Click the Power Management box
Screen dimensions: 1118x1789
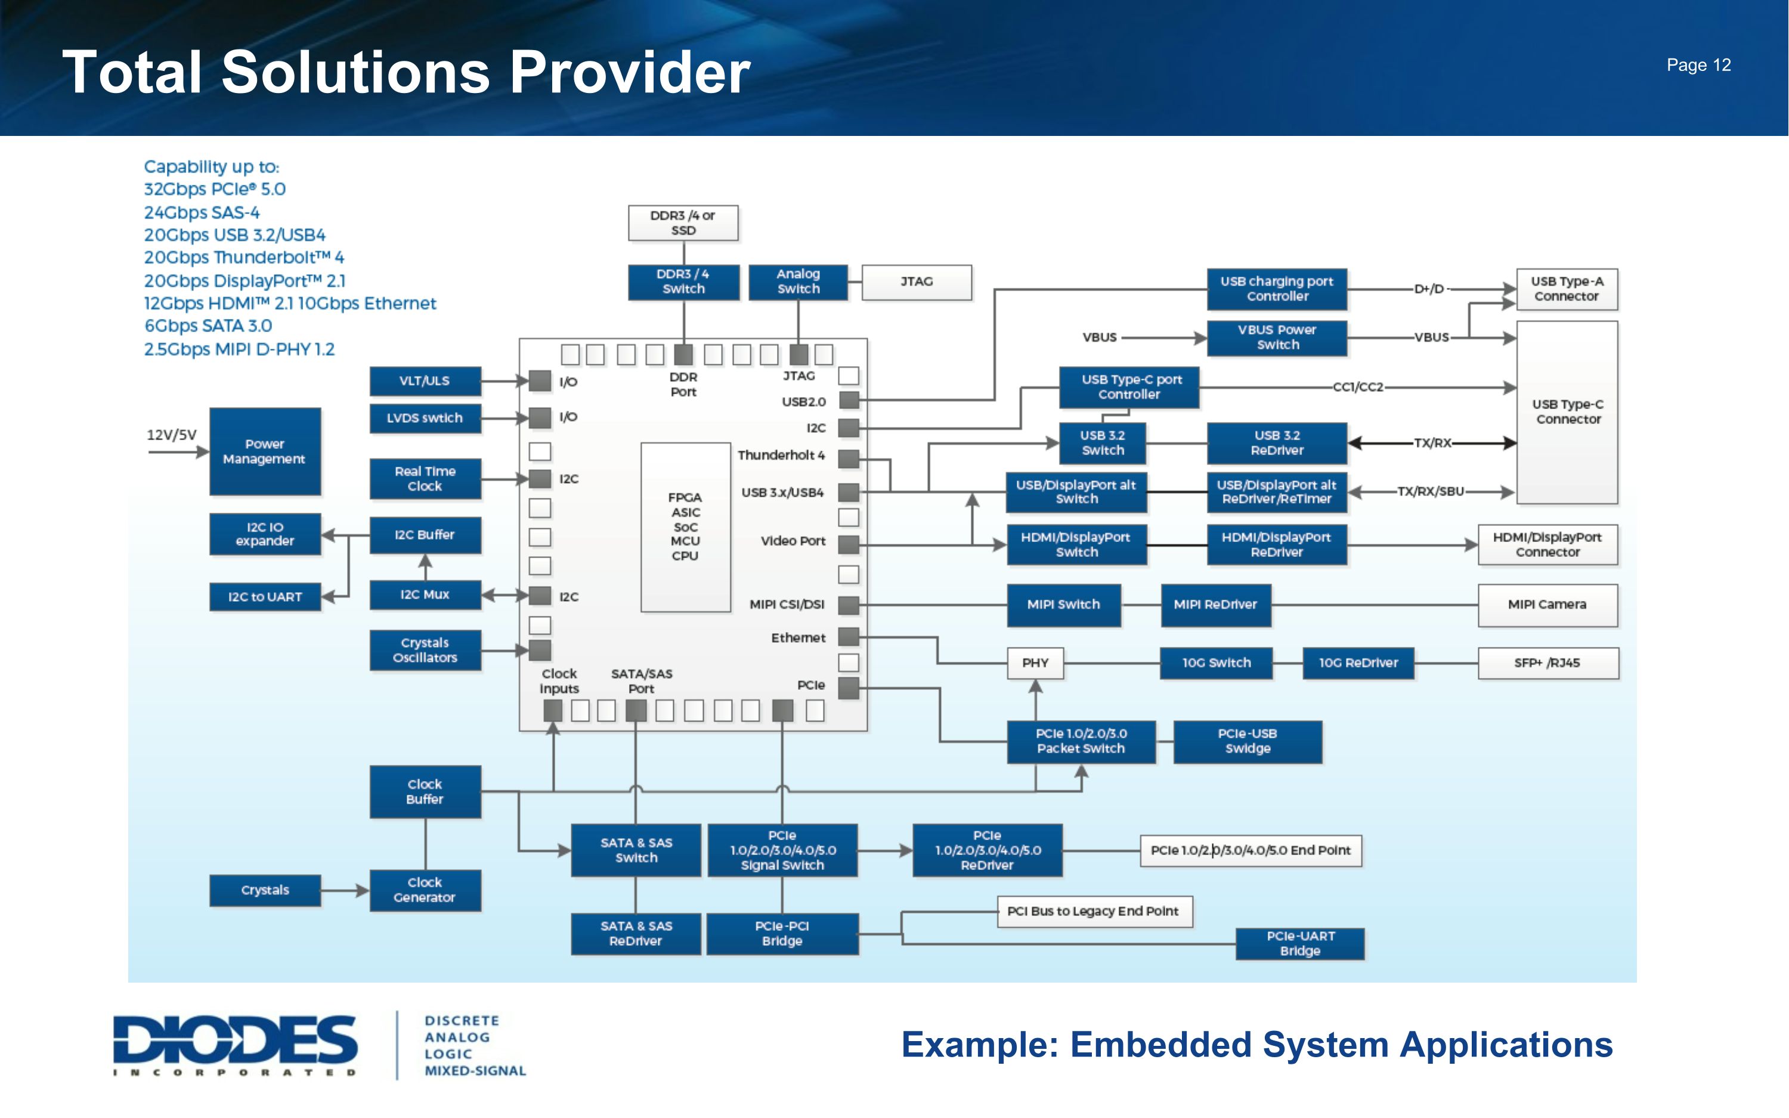pos(265,451)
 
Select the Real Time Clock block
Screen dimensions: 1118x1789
pos(425,478)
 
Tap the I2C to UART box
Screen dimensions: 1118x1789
pos(265,597)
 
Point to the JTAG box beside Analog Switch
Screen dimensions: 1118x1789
pos(916,281)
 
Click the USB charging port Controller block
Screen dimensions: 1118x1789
pos(1277,289)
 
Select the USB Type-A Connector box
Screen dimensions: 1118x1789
pos(1567,289)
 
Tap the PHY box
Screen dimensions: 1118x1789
pos(1035,663)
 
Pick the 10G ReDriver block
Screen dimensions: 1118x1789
pos(1358,663)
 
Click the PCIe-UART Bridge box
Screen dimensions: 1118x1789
pos(1299,943)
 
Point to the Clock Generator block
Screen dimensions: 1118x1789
pos(425,890)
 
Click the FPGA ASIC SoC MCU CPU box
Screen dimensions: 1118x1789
pos(685,527)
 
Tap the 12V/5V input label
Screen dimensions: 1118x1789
pos(172,435)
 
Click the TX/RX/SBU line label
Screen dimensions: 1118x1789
pos(1430,492)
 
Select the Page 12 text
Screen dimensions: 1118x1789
pos(1698,65)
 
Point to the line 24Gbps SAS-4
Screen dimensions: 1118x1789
pos(202,213)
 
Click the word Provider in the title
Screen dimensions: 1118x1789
pos(630,73)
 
